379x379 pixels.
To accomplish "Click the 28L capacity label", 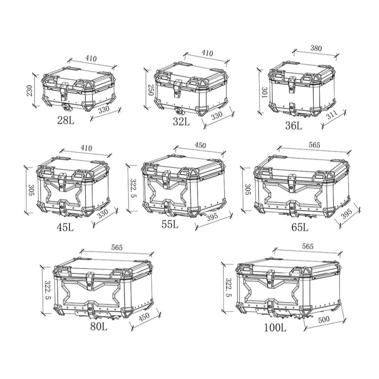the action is click(66, 120).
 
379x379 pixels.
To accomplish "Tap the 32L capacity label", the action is click(181, 121).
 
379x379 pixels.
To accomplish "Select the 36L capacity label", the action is click(294, 125).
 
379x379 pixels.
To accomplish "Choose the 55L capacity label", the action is click(170, 224).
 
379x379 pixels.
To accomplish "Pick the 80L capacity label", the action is click(98, 327).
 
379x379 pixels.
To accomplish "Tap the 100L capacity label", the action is click(275, 328).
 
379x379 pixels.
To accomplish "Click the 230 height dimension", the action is click(30, 90).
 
